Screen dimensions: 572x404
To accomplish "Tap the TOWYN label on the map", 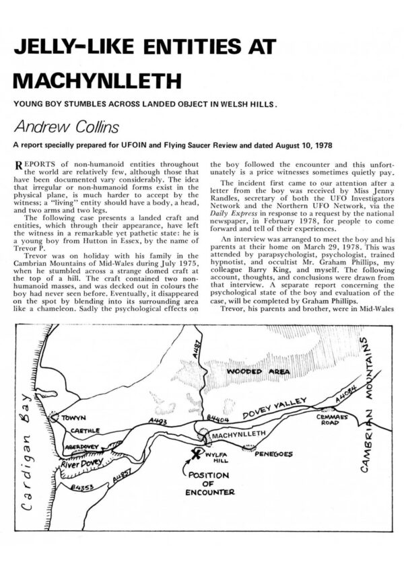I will pos(74,418).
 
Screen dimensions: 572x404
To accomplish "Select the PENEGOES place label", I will pos(273,454).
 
